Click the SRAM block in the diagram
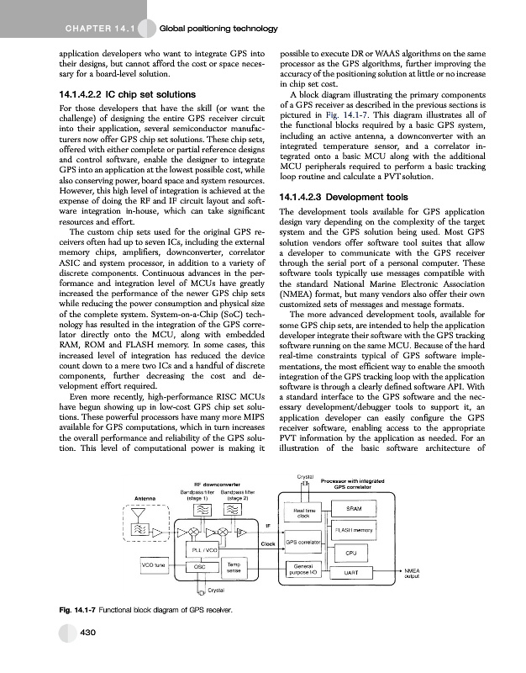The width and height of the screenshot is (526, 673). (x=354, y=508)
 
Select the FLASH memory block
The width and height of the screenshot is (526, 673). (x=354, y=530)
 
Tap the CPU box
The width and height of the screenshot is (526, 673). (x=354, y=553)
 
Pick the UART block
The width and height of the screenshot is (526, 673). (x=354, y=573)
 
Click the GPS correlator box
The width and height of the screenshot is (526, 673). (x=303, y=543)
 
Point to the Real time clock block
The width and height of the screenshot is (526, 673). (x=303, y=511)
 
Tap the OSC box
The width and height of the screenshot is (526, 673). (x=201, y=567)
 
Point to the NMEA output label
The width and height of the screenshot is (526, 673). (x=412, y=573)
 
